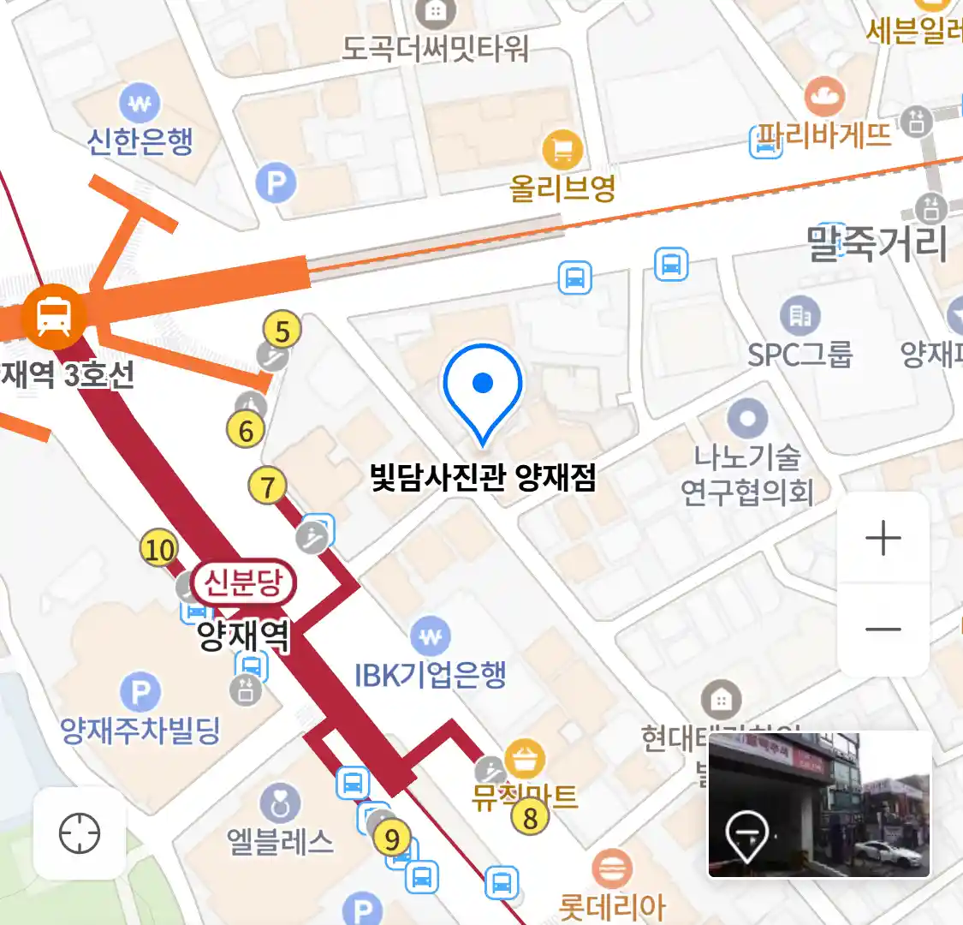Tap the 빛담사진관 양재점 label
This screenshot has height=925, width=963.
(x=483, y=477)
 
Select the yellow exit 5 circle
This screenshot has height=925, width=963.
(x=282, y=330)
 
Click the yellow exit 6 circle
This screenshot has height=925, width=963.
(x=246, y=430)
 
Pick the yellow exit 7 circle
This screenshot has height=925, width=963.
(x=267, y=486)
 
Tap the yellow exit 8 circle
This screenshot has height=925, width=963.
(x=530, y=817)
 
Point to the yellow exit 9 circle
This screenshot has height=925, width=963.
(x=392, y=838)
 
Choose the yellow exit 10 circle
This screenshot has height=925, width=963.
(x=159, y=549)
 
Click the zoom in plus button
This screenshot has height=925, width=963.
(x=883, y=539)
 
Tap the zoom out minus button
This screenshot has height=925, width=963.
(x=883, y=630)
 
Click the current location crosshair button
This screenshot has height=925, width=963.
(x=80, y=833)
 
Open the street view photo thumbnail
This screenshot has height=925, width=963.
(x=818, y=804)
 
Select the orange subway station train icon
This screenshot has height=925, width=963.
(x=54, y=315)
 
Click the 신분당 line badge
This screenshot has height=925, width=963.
(x=243, y=583)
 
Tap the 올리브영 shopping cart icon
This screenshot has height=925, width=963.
(x=562, y=152)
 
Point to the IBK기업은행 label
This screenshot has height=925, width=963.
(x=431, y=675)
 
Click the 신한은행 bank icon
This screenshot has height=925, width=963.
(x=140, y=104)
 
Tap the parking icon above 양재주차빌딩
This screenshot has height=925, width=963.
(x=140, y=692)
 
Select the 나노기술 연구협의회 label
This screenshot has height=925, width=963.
(x=747, y=474)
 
